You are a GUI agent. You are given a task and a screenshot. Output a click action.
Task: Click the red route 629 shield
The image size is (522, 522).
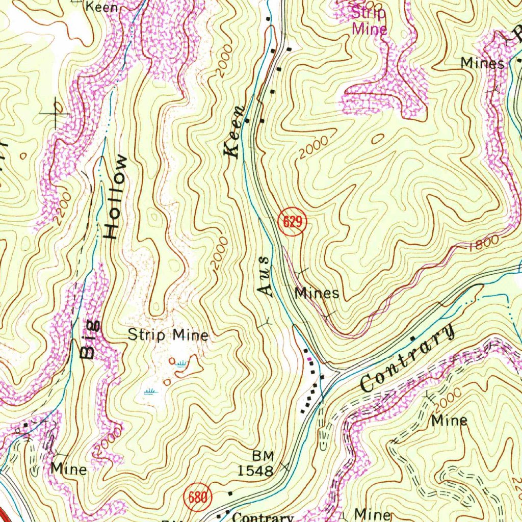(x=292, y=223)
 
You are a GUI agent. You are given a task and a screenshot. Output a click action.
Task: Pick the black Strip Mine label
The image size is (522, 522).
(x=168, y=335)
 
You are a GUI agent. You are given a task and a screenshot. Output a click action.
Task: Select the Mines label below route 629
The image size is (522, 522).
(x=317, y=293)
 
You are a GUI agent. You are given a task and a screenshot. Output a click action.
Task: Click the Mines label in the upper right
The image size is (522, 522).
(x=483, y=63)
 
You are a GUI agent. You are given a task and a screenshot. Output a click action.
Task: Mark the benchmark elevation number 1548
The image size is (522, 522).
(x=256, y=470)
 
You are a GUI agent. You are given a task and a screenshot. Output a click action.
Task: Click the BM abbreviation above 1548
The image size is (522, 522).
(x=263, y=455)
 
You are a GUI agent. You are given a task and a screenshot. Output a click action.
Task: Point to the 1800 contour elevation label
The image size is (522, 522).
(x=482, y=244)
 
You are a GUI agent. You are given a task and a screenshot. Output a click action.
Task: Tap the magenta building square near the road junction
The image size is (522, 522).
(x=310, y=360)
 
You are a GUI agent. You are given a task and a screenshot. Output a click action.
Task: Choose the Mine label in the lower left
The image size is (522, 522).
(x=68, y=469)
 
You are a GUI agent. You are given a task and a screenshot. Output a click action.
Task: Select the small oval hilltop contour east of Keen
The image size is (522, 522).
(x=378, y=138)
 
